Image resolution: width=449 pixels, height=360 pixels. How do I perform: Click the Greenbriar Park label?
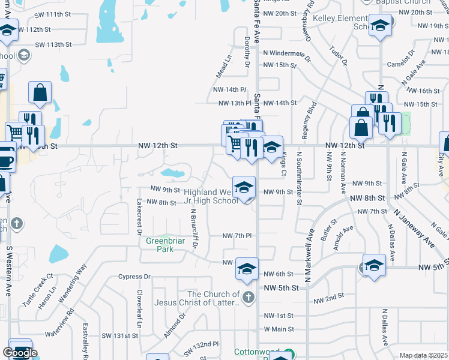pyautogui.click(x=160, y=245)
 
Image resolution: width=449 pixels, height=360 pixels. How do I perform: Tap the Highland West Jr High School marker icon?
pyautogui.click(x=244, y=187)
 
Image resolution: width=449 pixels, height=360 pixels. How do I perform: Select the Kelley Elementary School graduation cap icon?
pyautogui.click(x=379, y=26)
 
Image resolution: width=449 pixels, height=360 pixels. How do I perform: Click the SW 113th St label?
pyautogui.click(x=53, y=44)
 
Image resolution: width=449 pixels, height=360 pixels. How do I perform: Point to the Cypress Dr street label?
pyautogui.click(x=133, y=277)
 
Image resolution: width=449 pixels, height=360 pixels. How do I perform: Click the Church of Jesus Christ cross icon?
pyautogui.click(x=248, y=297)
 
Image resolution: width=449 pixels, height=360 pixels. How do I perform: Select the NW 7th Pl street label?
pyautogui.click(x=236, y=236)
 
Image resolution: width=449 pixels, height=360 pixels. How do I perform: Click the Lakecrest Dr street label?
pyautogui.click(x=139, y=215)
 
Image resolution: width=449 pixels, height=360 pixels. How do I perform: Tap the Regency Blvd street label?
pyautogui.click(x=311, y=121)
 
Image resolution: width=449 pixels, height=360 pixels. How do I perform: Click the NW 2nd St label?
pyautogui.click(x=328, y=296)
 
